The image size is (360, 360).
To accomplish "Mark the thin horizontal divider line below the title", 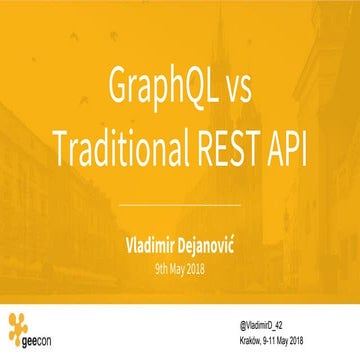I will coord(180,205).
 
